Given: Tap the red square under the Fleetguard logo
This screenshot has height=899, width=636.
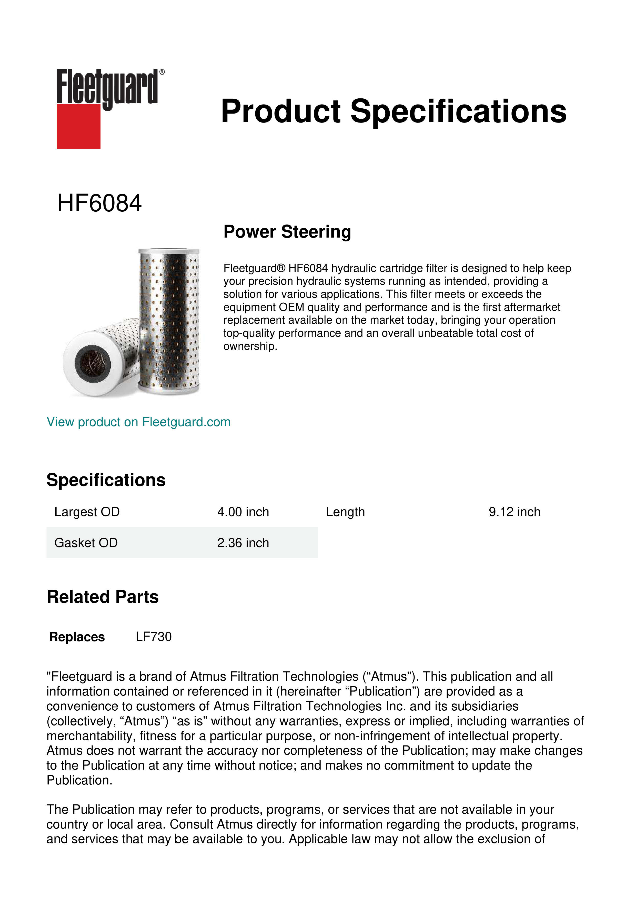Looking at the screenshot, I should point(78,127).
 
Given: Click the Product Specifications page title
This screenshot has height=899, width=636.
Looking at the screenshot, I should point(393,111).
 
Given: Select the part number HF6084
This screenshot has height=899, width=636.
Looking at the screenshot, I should point(99,203).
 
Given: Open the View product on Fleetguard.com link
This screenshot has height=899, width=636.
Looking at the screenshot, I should point(138,422).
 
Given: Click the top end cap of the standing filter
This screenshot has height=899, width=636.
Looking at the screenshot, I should point(169,252).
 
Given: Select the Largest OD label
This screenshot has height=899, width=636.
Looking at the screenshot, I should point(87,512).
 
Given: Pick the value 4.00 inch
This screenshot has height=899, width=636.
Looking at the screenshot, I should point(243,512).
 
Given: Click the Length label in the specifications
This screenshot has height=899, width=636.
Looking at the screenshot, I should point(345,512).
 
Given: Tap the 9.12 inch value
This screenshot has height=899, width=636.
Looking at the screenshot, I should point(514,512).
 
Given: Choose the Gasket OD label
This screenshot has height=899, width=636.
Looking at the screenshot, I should point(86,543).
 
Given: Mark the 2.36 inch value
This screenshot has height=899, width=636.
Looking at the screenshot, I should point(243,543).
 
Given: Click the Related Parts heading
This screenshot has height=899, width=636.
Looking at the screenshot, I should point(103,597).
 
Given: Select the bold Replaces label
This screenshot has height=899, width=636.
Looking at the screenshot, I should point(77,637).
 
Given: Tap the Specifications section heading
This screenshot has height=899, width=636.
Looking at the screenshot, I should point(106,480).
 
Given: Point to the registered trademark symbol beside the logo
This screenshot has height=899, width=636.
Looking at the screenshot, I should point(162,72).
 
